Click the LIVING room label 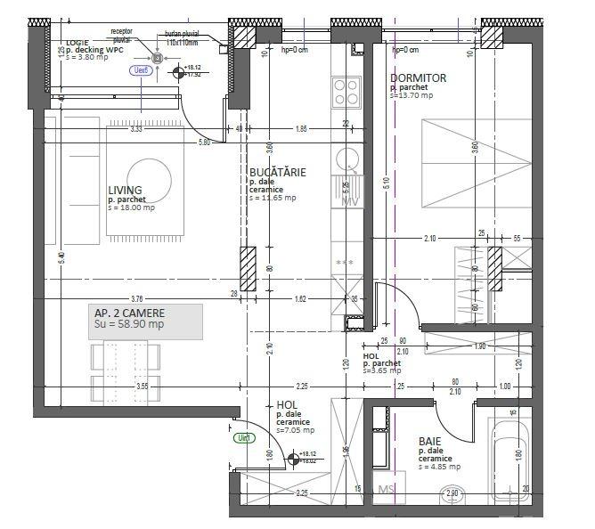coord(126,190)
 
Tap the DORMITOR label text coord(418,78)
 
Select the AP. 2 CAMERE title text coord(129,313)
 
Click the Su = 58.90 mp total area coord(129,325)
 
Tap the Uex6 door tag coord(139,69)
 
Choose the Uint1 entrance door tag coord(243,438)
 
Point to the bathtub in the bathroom coord(509,459)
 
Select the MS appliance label coord(387,490)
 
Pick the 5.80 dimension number coord(205,142)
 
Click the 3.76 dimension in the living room coord(136,298)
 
